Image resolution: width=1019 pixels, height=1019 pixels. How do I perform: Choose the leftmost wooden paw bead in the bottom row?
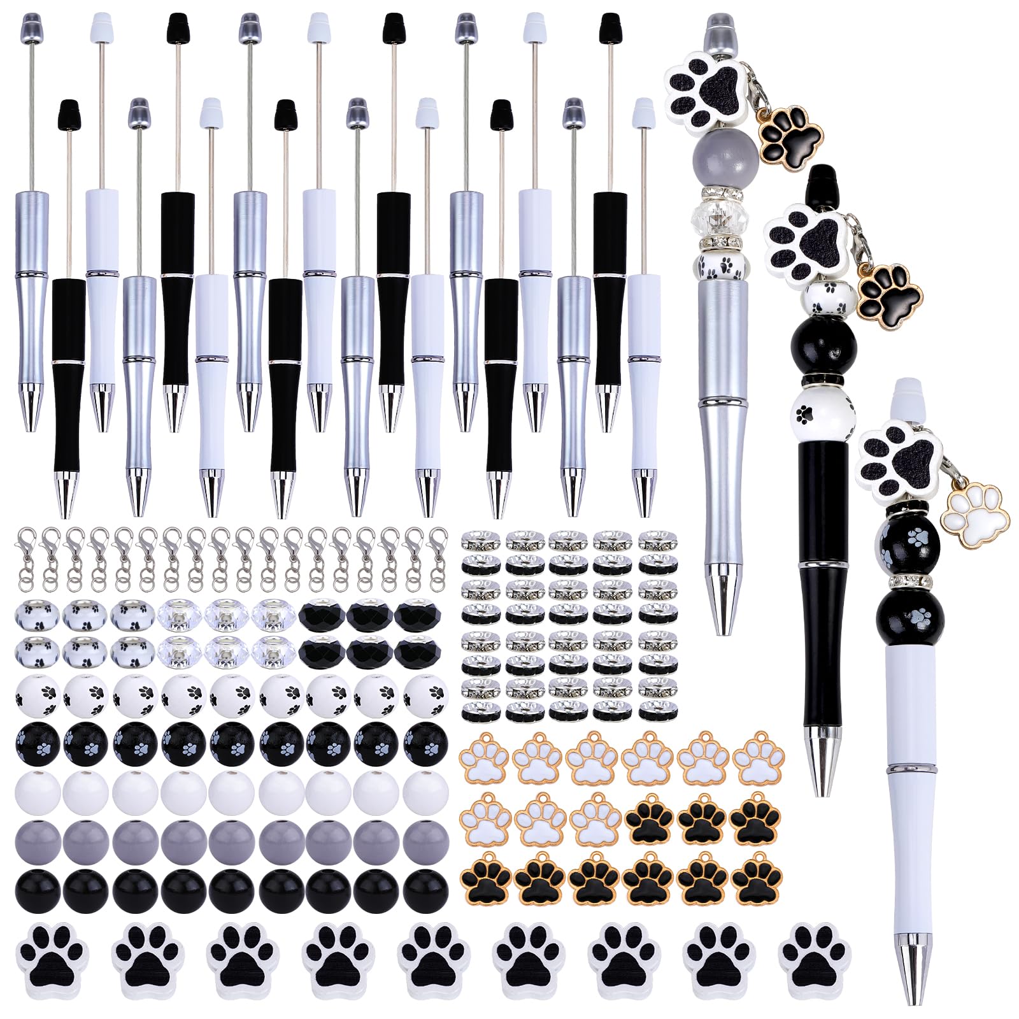52,959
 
